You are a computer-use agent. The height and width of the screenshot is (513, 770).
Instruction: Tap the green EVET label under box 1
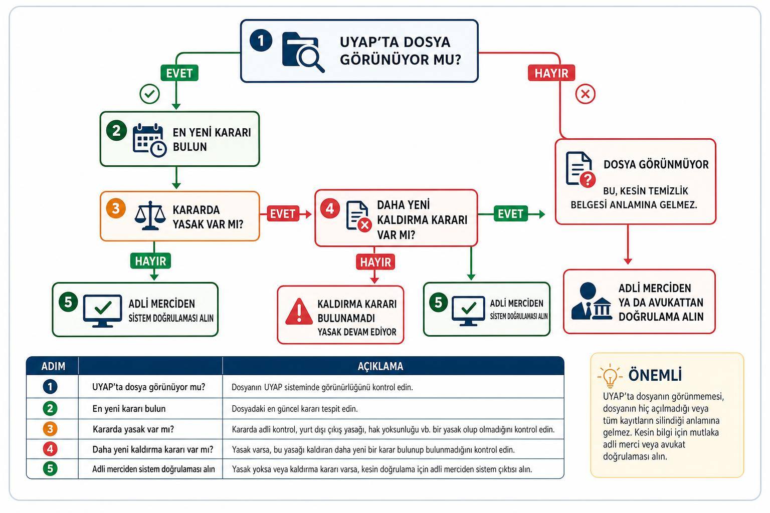(179, 73)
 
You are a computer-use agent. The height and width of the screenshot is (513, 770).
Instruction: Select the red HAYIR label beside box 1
(551, 73)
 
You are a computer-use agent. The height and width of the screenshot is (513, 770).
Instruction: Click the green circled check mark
(149, 94)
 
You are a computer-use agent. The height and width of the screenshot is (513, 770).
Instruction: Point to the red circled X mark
(586, 94)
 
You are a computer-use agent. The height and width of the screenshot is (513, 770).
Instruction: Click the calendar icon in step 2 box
(149, 140)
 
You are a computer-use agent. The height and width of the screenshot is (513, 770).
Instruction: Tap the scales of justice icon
(150, 216)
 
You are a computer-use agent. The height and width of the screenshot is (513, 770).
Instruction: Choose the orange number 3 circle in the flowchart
(116, 208)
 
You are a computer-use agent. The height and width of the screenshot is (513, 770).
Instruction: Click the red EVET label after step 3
(283, 214)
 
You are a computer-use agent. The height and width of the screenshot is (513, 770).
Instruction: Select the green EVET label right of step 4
(510, 214)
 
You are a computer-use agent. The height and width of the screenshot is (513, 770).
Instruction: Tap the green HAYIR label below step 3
(150, 261)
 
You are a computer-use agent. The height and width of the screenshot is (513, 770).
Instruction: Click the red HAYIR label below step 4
(375, 262)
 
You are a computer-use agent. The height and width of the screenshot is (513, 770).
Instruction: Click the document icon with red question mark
(581, 169)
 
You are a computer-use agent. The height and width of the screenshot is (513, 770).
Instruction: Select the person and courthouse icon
(592, 302)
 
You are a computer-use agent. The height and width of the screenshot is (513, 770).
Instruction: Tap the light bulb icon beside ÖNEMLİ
(610, 376)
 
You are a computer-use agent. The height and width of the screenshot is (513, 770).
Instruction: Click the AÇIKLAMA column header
(380, 366)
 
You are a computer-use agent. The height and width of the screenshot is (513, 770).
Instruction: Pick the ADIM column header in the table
(53, 366)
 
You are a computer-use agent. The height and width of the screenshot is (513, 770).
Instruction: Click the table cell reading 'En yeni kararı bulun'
(129, 408)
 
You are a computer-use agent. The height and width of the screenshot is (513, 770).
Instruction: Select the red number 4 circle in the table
(50, 449)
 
